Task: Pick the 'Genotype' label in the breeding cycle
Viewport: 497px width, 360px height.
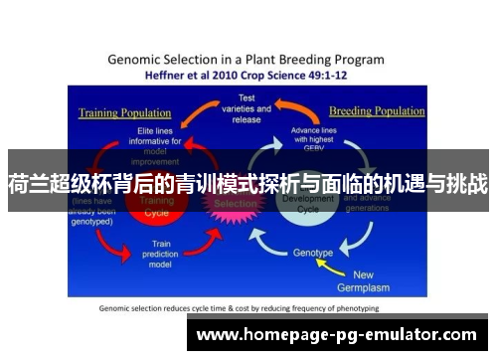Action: [312, 253]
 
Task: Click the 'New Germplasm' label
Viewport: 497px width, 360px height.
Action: [378, 280]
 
